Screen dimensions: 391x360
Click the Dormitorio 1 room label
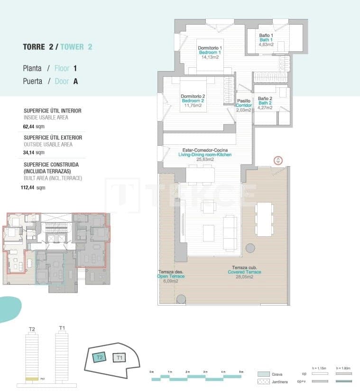(210, 48)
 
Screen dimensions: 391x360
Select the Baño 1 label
(266, 35)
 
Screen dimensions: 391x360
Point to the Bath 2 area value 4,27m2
(265, 108)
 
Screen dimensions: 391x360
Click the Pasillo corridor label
(243, 101)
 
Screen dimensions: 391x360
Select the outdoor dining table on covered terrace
(264, 219)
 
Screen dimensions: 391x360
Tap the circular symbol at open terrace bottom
(181, 299)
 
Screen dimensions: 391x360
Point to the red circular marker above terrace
(278, 160)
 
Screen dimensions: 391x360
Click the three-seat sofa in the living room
(230, 233)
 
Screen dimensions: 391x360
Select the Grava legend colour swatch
(264, 374)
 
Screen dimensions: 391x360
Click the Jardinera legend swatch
(264, 382)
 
